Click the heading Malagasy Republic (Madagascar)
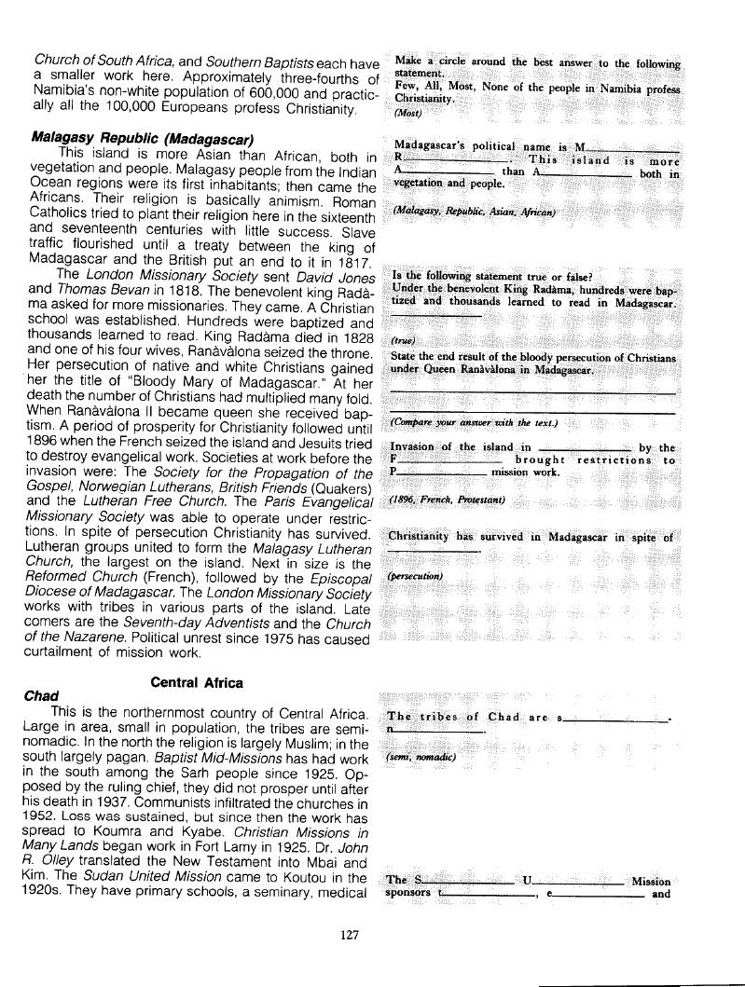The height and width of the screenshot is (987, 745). click(144, 137)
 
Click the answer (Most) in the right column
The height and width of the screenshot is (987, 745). click(408, 114)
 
